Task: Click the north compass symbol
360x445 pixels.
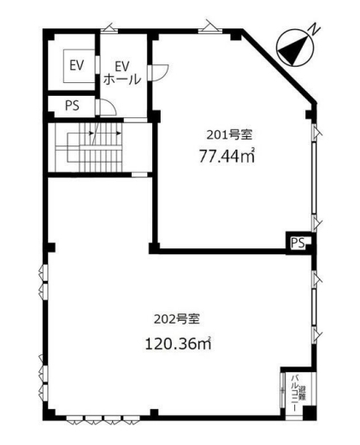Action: pos(295,50)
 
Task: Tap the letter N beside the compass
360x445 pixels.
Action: pos(315,29)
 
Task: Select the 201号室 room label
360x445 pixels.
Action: pos(229,135)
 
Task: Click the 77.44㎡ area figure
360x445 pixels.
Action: pos(227,156)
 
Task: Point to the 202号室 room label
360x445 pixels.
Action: pos(177,319)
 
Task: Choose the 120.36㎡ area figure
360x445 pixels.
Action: pos(178,343)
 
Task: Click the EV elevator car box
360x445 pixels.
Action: pos(79,66)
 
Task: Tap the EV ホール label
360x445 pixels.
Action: pos(122,73)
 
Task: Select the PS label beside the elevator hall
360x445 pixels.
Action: pos(72,106)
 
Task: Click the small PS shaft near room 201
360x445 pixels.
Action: pos(298,243)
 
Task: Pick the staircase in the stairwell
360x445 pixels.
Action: pos(89,147)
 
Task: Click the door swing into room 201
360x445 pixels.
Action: pos(160,73)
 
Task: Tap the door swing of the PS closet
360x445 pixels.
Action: pos(108,107)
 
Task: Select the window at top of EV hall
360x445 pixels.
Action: pos(109,28)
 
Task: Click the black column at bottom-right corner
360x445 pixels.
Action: pos(310,413)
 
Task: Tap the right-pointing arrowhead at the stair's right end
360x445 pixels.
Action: pos(119,133)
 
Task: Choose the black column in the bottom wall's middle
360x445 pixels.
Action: pos(154,413)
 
